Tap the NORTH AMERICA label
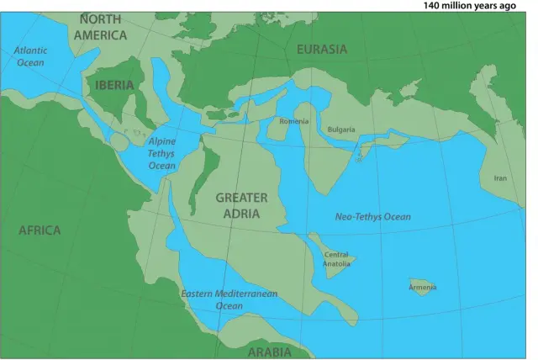(x=100, y=27)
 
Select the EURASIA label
(x=322, y=50)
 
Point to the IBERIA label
(x=115, y=86)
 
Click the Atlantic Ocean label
(x=31, y=56)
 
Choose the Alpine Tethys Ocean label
(x=161, y=154)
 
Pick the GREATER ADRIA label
(x=241, y=205)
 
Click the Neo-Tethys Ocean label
(x=373, y=217)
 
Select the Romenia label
(x=294, y=122)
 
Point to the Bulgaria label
(x=341, y=130)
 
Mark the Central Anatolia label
(x=336, y=259)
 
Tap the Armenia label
(x=422, y=288)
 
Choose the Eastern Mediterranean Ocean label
(x=229, y=300)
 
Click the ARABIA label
(x=269, y=352)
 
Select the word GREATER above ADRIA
(x=241, y=198)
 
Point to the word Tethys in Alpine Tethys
(x=161, y=154)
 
